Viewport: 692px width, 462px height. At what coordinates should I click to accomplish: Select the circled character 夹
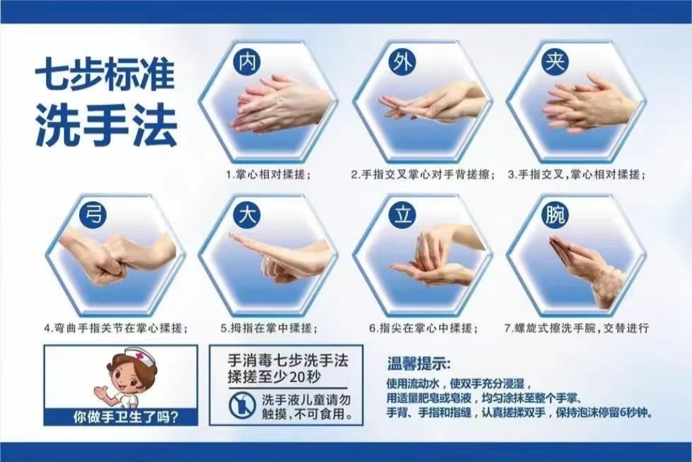point(555,61)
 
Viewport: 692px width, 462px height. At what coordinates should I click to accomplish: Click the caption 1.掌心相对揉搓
point(268,174)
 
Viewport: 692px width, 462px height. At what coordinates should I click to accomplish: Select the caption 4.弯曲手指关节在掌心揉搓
point(116,328)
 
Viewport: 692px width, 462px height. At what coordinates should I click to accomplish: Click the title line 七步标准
point(105,76)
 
